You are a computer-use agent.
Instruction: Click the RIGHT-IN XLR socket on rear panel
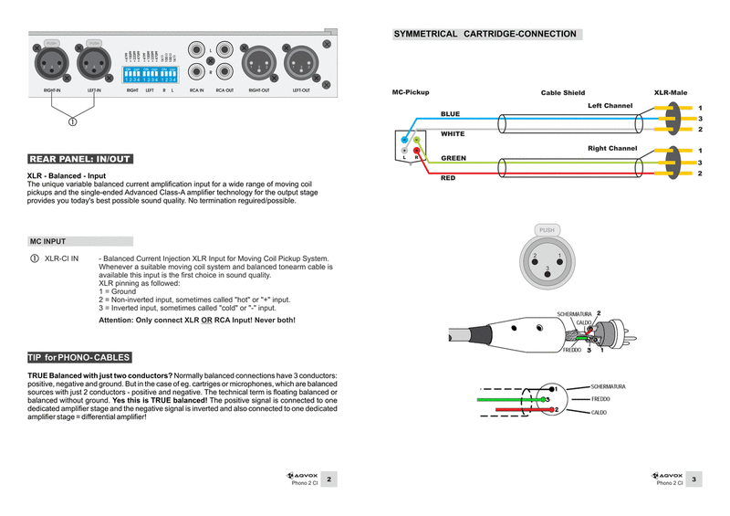(51, 65)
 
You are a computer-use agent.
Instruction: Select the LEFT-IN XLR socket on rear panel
(94, 65)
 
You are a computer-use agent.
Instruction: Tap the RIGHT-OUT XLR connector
(259, 65)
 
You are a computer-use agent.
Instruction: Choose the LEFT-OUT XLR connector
(300, 65)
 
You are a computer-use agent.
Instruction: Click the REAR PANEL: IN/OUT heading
(80, 159)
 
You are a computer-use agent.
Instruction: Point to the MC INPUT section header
(47, 242)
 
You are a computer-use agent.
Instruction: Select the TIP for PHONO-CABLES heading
(79, 357)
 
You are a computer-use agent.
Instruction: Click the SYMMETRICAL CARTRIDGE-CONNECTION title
(485, 34)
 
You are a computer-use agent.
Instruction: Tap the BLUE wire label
(451, 114)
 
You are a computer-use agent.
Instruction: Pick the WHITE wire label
(453, 134)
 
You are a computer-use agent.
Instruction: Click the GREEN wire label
(454, 158)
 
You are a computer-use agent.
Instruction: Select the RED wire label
(448, 178)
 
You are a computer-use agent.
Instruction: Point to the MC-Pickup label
(410, 93)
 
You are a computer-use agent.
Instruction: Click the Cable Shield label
(562, 93)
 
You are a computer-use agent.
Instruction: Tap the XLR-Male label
(671, 93)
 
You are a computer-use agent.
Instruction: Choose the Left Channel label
(610, 106)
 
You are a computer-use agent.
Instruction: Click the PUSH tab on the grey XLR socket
(547, 230)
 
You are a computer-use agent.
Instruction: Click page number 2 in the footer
(329, 479)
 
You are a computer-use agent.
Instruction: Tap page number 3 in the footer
(694, 479)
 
